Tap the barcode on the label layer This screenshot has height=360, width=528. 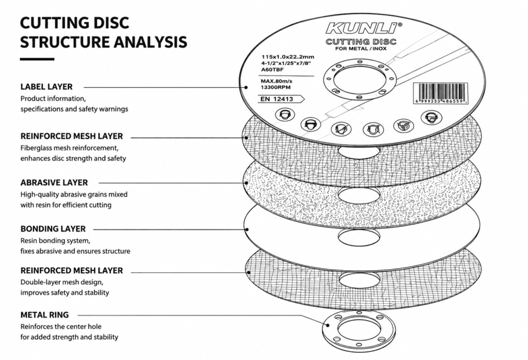(x=440, y=93)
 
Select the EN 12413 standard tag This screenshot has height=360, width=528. (x=281, y=99)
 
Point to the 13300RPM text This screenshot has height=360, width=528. (x=275, y=88)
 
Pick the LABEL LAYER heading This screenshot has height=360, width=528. (x=46, y=87)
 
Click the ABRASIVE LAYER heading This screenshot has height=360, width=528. (x=54, y=183)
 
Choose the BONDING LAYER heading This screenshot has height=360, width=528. (x=53, y=229)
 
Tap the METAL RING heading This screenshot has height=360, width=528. (x=44, y=315)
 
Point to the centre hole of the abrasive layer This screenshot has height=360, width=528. (x=359, y=195)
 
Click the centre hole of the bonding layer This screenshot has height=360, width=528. (x=359, y=237)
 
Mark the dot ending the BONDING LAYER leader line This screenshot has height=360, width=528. (x=247, y=230)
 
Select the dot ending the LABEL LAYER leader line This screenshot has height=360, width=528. (x=246, y=88)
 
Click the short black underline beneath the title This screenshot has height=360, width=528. (x=37, y=59)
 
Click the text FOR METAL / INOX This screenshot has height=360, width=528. (x=360, y=49)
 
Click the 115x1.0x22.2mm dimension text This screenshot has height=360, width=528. (x=288, y=57)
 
